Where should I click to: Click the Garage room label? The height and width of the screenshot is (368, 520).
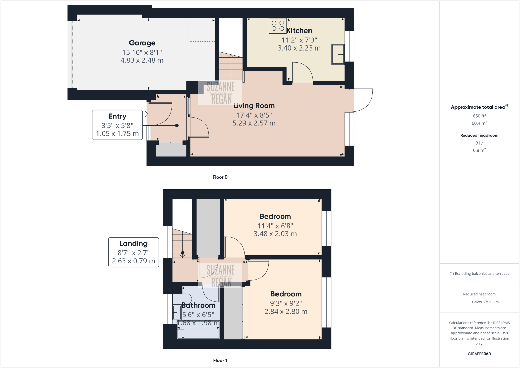point(142,43)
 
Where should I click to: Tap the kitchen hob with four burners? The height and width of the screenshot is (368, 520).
point(278,26)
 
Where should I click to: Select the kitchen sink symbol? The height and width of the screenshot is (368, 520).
point(338,54)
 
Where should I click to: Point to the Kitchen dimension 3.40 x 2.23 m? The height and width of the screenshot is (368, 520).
point(299,48)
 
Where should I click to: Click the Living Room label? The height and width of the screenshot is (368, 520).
point(254,106)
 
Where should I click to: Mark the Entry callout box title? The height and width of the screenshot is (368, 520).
point(117,116)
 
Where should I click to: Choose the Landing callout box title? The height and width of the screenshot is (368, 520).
point(134,244)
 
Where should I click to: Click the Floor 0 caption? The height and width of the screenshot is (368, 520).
point(220,177)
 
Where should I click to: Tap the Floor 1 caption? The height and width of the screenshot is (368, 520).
point(220,360)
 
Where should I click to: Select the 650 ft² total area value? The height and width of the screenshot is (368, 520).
point(479,116)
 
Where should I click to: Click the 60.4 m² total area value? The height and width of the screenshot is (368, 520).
point(479,123)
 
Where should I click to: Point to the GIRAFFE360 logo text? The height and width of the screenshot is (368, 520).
point(479,354)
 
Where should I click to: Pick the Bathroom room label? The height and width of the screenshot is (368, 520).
point(198,305)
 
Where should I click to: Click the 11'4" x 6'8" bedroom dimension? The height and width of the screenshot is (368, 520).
point(275,226)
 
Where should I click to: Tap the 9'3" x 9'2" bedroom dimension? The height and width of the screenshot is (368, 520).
point(286,303)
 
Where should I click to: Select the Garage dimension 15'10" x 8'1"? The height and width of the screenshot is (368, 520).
point(142,52)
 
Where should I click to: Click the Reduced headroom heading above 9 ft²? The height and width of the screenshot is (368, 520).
point(479,135)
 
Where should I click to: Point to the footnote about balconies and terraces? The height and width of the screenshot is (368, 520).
point(479,274)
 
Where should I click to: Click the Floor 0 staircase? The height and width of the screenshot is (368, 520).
point(231,67)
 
